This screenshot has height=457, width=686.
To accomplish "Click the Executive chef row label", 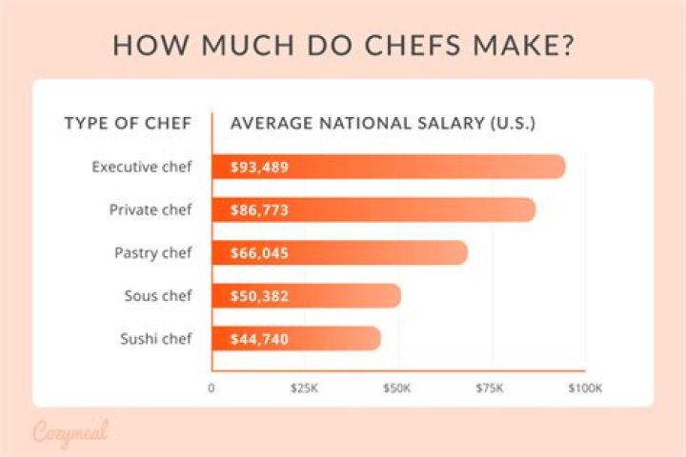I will pyautogui.click(x=142, y=167).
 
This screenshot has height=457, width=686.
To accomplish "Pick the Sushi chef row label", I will pyautogui.click(x=155, y=338).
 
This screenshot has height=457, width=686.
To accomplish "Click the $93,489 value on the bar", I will pyautogui.click(x=259, y=168).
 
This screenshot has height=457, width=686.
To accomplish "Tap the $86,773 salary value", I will pyautogui.click(x=259, y=210).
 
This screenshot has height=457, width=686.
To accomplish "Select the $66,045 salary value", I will pyautogui.click(x=259, y=253).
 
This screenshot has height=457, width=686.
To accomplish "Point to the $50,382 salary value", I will pyautogui.click(x=259, y=296).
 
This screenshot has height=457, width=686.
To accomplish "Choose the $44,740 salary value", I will pyautogui.click(x=259, y=339).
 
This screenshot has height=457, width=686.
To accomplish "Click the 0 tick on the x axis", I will pyautogui.click(x=212, y=388).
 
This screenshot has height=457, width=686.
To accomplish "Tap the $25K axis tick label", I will pyautogui.click(x=305, y=388).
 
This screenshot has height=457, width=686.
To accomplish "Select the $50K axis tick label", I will pyautogui.click(x=397, y=388).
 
